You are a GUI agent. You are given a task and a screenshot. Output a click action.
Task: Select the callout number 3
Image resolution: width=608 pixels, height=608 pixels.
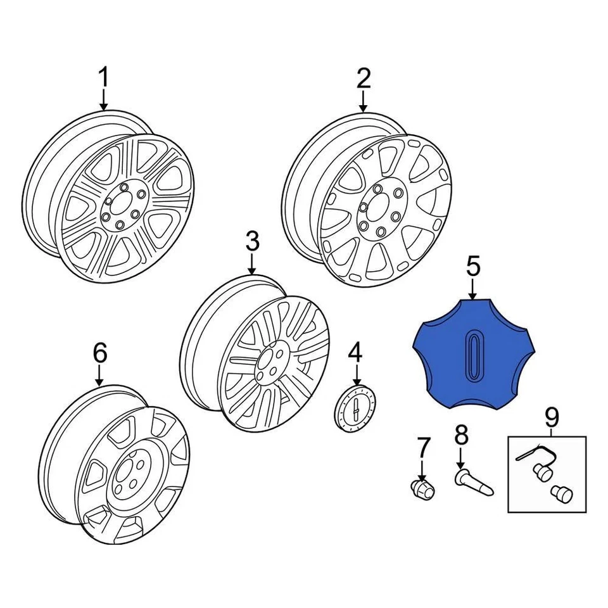tap(252, 241)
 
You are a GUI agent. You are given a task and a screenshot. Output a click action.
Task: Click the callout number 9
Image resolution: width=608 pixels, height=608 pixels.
tap(552, 417)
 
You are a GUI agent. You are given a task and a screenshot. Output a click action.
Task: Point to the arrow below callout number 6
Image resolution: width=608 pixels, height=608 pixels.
tap(100, 375)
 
